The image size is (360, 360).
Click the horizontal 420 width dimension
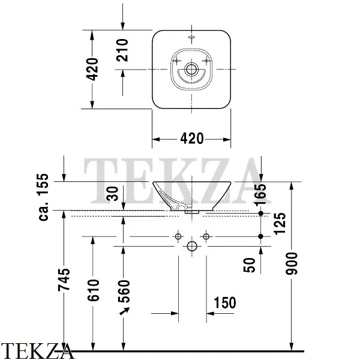click(192, 139)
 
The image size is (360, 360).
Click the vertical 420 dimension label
click(92, 70)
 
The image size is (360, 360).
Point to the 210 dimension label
click(122, 50)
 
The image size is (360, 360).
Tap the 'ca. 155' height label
click(43, 197)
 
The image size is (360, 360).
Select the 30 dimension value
click(113, 194)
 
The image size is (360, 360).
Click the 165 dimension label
click(260, 194)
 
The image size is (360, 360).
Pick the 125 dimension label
click(280, 224)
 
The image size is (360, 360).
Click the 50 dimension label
click(250, 265)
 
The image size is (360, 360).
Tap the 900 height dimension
click(292, 263)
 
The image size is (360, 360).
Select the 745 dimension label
click(64, 280)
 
